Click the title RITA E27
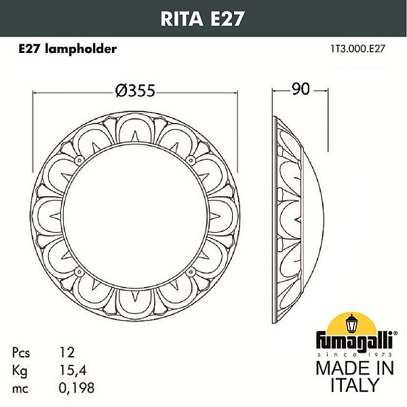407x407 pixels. tap(202, 19)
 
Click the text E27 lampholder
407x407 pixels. tap(67, 49)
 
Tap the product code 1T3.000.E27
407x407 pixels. tap(357, 49)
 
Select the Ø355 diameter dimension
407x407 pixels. tap(135, 91)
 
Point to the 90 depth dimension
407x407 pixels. tap(301, 89)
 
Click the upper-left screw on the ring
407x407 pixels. tap(79, 160)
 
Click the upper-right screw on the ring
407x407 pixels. tap(191, 160)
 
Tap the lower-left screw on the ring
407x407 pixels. tap(79, 272)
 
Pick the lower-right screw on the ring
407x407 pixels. tap(191, 272)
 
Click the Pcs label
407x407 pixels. tap(21, 353)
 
